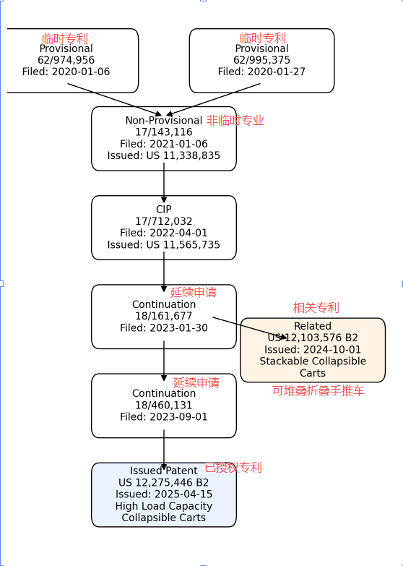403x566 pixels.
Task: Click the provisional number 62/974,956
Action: [x=66, y=60]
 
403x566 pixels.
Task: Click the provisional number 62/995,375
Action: [x=261, y=60]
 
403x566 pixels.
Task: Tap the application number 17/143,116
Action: [x=164, y=132]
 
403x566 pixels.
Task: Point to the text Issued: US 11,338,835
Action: [x=164, y=155]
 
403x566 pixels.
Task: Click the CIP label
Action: [x=164, y=210]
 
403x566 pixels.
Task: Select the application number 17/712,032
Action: [x=164, y=221]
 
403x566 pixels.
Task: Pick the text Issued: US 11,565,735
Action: [x=164, y=244]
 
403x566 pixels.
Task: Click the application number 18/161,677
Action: [x=164, y=316]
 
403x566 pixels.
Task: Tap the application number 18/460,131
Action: [x=164, y=405]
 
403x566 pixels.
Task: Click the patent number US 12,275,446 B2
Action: [x=164, y=482]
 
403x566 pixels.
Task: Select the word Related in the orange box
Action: [x=313, y=326]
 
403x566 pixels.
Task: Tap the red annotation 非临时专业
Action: [x=235, y=121]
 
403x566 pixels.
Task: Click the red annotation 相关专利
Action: [x=316, y=307]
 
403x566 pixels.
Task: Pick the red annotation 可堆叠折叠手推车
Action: [x=318, y=391]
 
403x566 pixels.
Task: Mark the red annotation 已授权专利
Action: [x=233, y=468]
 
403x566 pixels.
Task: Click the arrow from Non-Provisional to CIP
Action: [x=164, y=183]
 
